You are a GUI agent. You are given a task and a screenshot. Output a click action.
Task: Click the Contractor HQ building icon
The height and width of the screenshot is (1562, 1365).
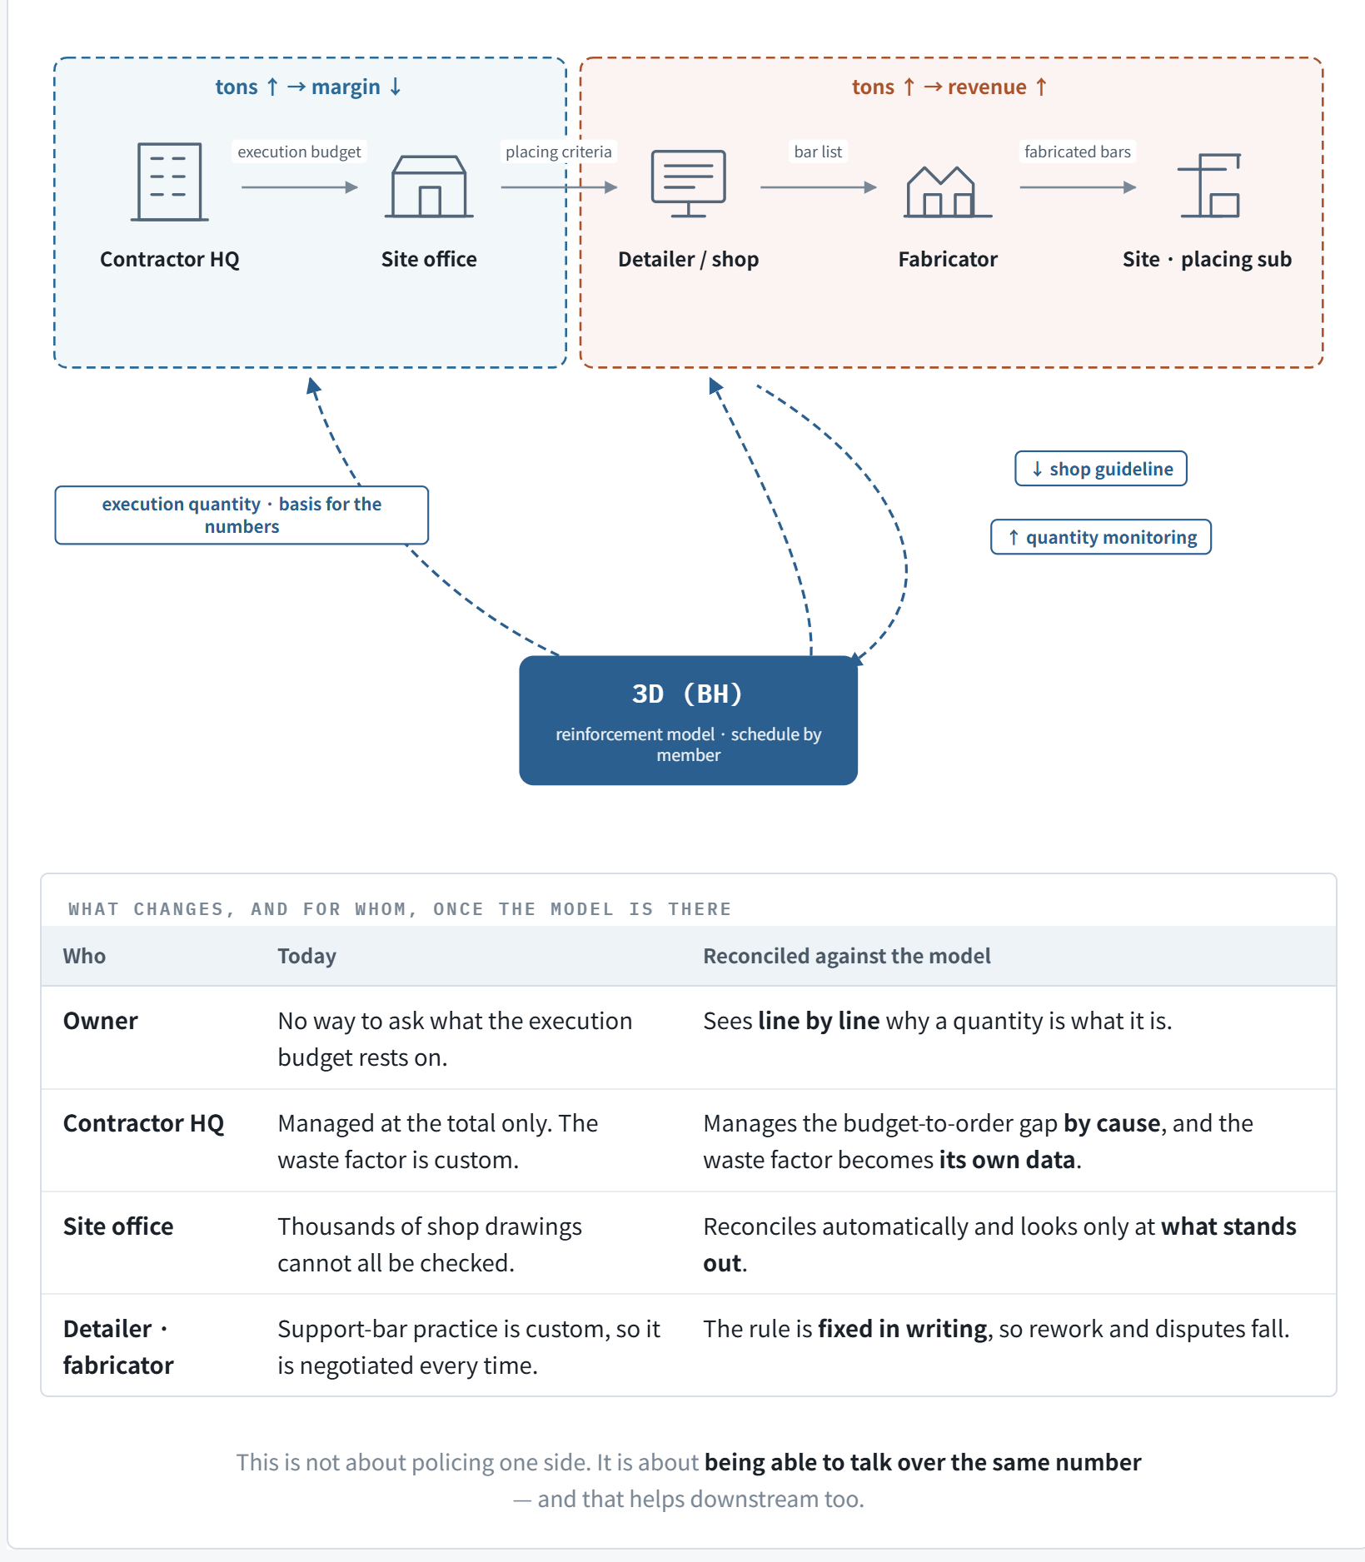tap(170, 182)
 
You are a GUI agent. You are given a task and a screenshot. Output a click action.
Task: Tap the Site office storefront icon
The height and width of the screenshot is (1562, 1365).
tap(429, 187)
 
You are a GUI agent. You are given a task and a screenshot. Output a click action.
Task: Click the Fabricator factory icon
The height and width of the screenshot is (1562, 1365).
tap(948, 192)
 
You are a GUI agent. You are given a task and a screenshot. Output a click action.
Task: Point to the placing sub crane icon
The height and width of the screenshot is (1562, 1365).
tap(1209, 185)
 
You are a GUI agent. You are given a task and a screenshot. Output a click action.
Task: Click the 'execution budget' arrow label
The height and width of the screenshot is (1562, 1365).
tap(299, 152)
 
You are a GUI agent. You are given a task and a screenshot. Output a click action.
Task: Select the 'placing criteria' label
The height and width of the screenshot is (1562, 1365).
tap(559, 152)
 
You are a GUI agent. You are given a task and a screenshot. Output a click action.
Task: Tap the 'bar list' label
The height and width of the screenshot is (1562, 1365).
tap(818, 152)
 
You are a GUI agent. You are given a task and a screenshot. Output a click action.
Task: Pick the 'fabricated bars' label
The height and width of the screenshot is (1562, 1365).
tap(1078, 152)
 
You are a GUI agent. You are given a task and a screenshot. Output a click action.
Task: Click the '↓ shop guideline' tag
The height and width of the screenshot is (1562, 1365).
tap(1101, 469)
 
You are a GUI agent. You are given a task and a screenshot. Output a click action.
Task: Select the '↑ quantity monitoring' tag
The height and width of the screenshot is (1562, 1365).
tap(1101, 537)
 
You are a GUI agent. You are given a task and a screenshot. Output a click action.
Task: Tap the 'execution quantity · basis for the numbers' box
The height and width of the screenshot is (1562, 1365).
tap(242, 515)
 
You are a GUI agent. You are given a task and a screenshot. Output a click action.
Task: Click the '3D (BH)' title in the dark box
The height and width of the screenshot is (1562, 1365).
tap(688, 694)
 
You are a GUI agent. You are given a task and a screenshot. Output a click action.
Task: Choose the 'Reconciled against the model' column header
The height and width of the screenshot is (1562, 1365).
tap(847, 956)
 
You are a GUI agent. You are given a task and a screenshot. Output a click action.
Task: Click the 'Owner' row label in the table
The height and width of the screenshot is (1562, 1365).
tap(101, 1021)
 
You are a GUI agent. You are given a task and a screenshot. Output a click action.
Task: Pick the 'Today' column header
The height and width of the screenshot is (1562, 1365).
tap(306, 956)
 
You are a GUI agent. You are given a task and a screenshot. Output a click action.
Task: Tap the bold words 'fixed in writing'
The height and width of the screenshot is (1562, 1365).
tap(903, 1329)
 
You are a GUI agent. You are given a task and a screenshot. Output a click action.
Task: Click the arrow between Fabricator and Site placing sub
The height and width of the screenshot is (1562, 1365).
tap(1078, 187)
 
